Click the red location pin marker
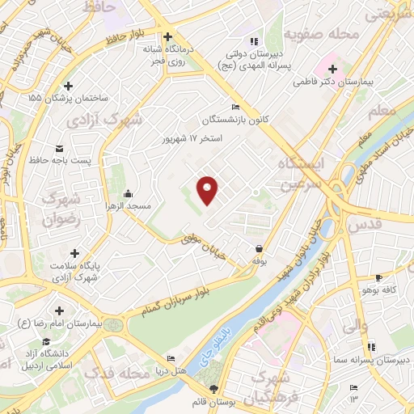(209, 190)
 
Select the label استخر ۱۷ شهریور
(198, 137)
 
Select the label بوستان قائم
(213, 402)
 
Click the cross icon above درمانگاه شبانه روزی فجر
(168, 36)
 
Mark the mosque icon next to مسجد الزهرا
(128, 194)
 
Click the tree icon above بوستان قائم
(213, 390)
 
